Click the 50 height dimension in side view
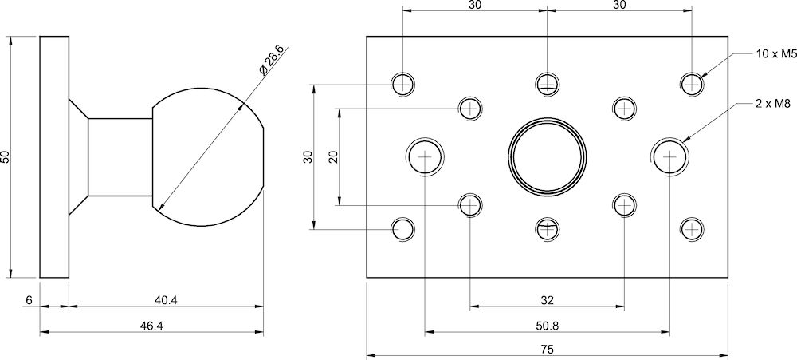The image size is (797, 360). [6, 156]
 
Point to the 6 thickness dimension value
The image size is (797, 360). [29, 300]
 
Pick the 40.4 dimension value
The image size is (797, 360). [165, 300]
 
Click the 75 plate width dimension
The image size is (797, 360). [547, 350]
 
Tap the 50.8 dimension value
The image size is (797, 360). [547, 326]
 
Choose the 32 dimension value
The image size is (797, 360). [547, 300]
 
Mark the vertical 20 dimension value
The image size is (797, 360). [333, 156]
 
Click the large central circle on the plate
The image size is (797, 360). [548, 156]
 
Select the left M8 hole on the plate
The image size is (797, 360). [426, 156]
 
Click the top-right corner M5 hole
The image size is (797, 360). [693, 83]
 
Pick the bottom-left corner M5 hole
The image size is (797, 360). [402, 230]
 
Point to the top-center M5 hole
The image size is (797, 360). [548, 83]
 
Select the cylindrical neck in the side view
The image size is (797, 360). [119, 156]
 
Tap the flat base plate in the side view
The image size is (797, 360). [54, 156]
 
